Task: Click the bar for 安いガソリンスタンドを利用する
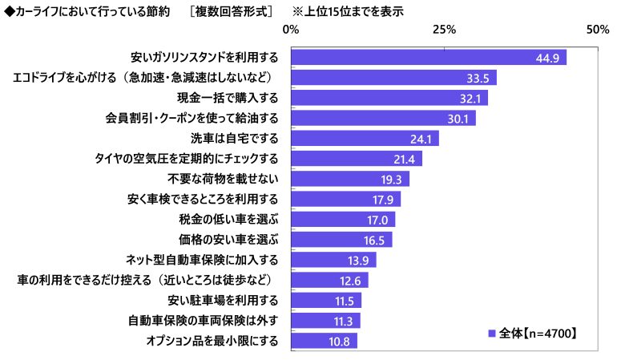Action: point(429,58)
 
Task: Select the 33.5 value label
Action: point(478,78)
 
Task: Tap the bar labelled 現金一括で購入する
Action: point(389,98)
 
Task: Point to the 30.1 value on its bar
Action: point(458,119)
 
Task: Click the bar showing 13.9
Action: point(333,260)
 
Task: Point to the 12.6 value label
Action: point(355,281)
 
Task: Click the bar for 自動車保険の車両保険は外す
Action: point(325,321)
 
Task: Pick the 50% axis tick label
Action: point(597,30)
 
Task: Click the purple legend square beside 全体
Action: point(490,332)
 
